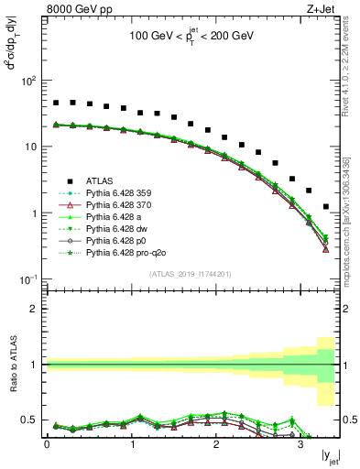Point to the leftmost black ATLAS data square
coord(56,104)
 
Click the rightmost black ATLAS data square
coord(326,207)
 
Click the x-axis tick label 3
coord(300,445)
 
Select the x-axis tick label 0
coord(48,445)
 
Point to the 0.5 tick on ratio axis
coord(35,420)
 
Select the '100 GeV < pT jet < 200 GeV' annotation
coord(193,39)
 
